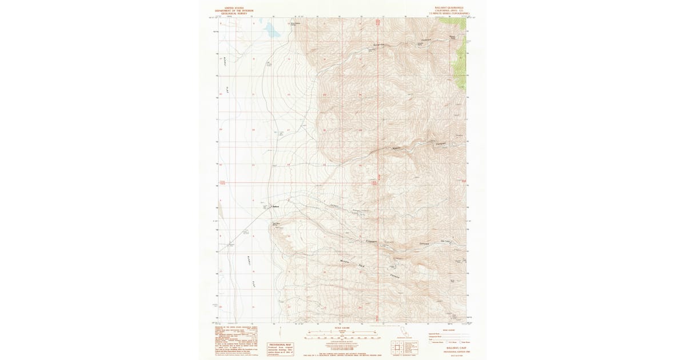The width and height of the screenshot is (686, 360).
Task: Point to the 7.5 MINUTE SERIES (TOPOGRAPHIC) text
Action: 449,13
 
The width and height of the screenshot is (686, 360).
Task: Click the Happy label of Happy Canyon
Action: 396,149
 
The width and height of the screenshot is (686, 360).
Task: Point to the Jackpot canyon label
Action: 335,206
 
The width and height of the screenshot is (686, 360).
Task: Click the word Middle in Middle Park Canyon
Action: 345,262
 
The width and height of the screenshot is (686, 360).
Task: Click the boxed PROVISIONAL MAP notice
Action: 280,349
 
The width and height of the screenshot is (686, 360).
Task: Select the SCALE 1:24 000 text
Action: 341,328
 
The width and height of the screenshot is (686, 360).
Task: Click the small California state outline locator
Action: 409,331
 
